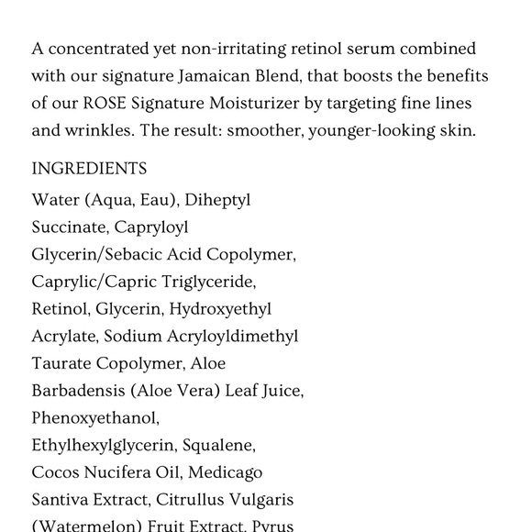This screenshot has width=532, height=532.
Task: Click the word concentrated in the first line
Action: [x=93, y=49]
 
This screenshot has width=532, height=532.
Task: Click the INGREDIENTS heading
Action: [x=89, y=170]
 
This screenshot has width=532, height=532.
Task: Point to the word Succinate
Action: [x=69, y=227]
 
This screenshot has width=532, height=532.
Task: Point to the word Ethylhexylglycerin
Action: [x=103, y=446]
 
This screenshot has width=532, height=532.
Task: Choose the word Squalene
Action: [x=219, y=446]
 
